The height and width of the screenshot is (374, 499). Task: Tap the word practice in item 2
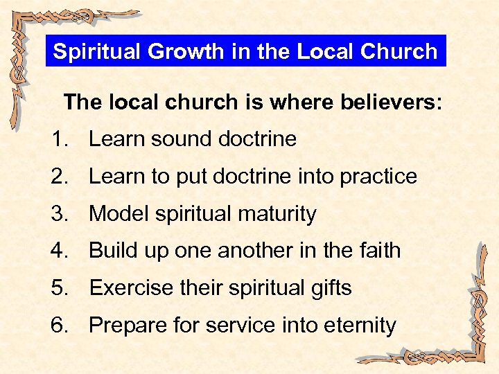pos(378,177)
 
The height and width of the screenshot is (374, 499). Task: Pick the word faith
pos(378,251)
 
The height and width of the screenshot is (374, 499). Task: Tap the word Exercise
pos(132,288)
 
